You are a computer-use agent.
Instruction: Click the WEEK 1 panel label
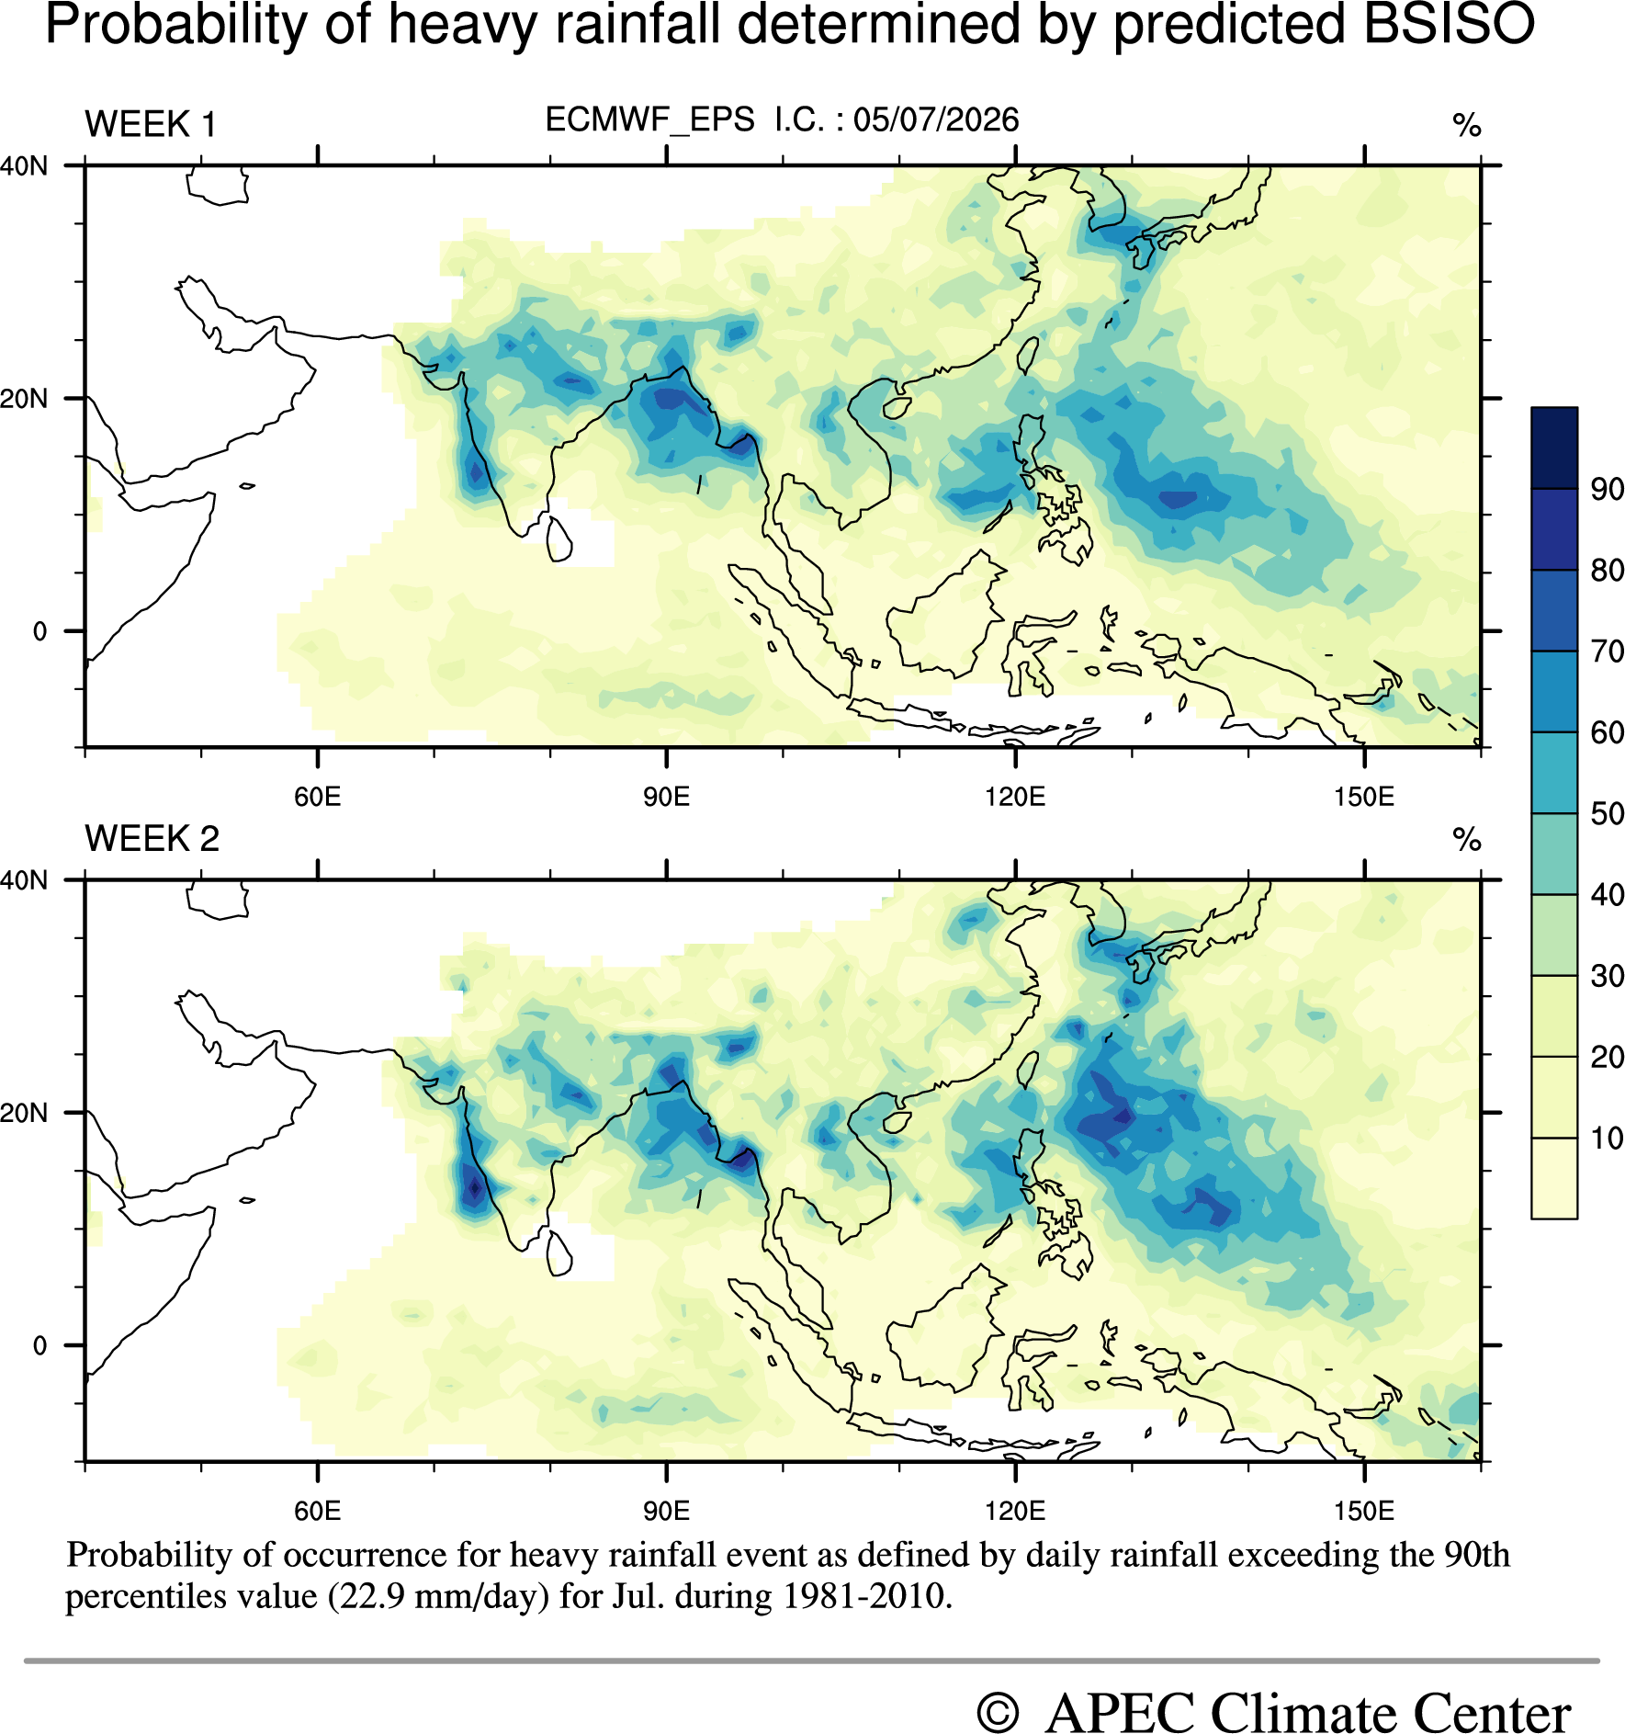click(151, 124)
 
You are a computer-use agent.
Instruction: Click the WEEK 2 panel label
click(152, 838)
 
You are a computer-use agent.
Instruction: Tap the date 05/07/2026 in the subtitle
click(936, 119)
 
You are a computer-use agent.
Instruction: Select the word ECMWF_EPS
click(650, 120)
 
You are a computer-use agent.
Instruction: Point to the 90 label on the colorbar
click(1607, 489)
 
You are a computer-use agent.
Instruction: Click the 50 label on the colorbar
click(1607, 813)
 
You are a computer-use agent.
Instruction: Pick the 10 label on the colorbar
click(1607, 1138)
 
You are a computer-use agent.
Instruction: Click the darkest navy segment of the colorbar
click(1554, 448)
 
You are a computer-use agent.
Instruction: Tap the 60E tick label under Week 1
click(318, 796)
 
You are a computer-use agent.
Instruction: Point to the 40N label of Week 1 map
click(24, 166)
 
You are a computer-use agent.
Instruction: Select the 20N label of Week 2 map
click(24, 1113)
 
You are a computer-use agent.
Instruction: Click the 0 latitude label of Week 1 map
click(39, 631)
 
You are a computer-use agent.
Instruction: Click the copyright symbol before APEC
click(998, 1713)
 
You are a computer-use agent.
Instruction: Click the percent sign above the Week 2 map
click(1467, 839)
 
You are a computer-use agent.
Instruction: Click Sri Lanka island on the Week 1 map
click(559, 539)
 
